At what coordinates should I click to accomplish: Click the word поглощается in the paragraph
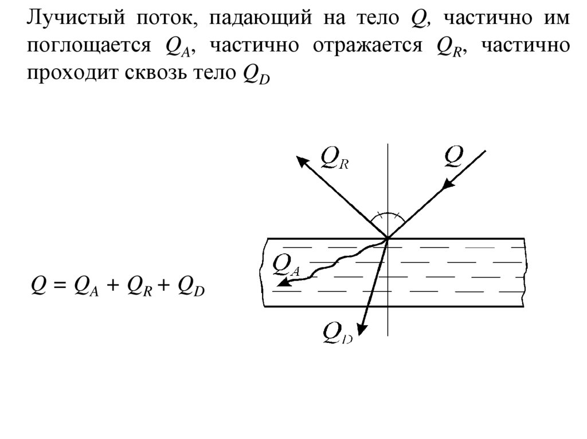tap(87, 48)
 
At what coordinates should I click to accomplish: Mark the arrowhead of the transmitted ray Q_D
tap(362, 328)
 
